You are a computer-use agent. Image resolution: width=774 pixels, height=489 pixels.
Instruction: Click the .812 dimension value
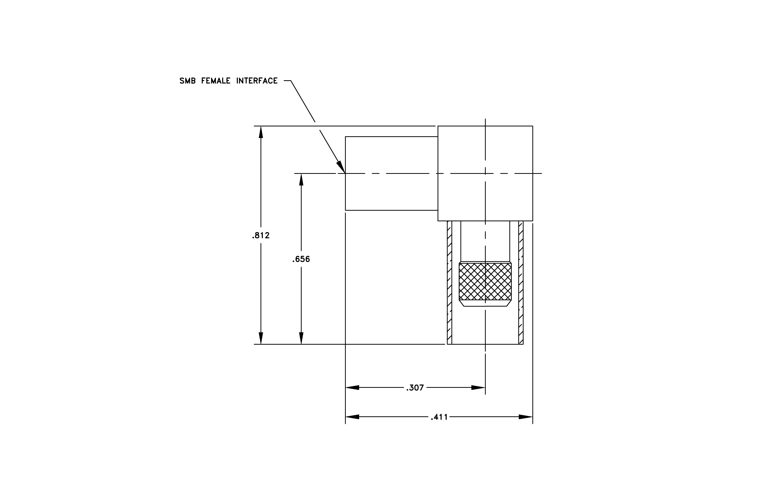point(261,236)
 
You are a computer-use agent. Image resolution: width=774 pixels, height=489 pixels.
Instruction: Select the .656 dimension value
point(301,259)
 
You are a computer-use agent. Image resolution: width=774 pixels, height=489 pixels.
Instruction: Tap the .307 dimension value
point(415,388)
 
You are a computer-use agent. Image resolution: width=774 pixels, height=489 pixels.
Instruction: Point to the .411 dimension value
point(439,417)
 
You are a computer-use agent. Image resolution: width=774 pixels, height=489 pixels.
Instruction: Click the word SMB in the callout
point(187,81)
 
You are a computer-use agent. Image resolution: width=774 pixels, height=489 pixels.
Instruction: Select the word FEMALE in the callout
point(216,81)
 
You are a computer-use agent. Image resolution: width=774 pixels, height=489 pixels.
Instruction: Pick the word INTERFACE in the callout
point(257,81)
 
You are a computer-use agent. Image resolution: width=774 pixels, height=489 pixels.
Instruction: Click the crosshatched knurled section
point(485,281)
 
